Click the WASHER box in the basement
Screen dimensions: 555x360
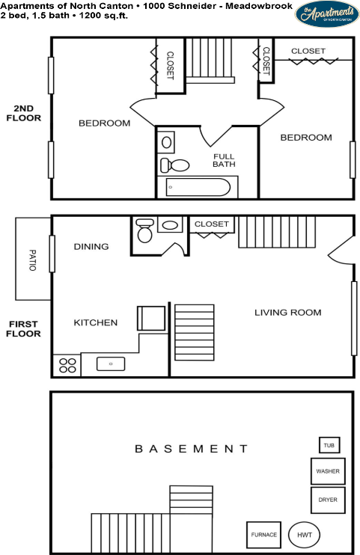pyautogui.click(x=327, y=471)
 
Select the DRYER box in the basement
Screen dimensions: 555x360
pyautogui.click(x=327, y=500)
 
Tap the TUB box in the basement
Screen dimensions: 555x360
pyautogui.click(x=329, y=445)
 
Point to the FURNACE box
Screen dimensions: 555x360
pyautogui.click(x=263, y=535)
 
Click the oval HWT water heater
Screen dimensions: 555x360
pyautogui.click(x=303, y=535)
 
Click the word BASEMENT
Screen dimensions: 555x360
pyautogui.click(x=191, y=449)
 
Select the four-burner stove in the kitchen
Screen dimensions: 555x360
pyautogui.click(x=67, y=365)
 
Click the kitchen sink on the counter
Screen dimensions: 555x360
pyautogui.click(x=111, y=364)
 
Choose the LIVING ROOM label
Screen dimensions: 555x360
pyautogui.click(x=287, y=313)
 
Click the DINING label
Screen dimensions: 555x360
pyautogui.click(x=91, y=247)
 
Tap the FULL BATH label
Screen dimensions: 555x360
pyautogui.click(x=223, y=160)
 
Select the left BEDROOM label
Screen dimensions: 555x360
pyautogui.click(x=104, y=123)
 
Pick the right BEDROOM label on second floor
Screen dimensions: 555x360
pyautogui.click(x=305, y=138)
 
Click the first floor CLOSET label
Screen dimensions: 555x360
pyautogui.click(x=211, y=224)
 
